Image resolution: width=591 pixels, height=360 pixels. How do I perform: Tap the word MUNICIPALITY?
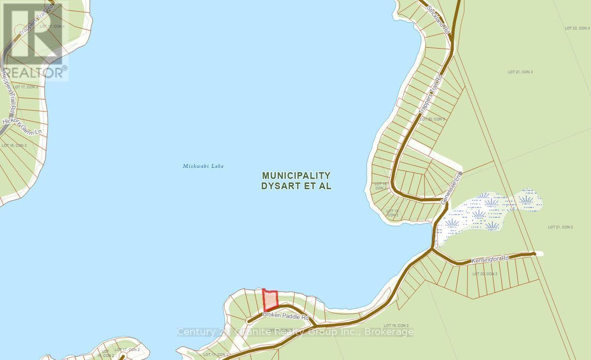click(296, 176)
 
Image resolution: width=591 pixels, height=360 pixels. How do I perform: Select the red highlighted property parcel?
click(270, 300)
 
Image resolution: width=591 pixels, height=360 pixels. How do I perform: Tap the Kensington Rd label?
click(490, 260)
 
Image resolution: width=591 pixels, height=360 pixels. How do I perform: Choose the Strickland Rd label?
click(439, 18)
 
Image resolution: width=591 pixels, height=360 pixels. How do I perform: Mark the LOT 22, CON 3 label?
click(577, 29)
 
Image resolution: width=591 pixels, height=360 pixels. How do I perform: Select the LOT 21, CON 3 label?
click(520, 72)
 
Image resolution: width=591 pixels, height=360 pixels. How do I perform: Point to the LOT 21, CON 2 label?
click(560, 227)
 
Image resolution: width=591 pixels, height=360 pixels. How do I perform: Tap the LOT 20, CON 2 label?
click(485, 274)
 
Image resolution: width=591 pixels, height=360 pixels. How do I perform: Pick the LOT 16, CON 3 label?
click(14, 145)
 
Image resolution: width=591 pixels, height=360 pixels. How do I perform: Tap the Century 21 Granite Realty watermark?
click(295, 332)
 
